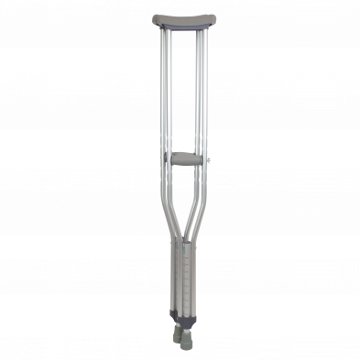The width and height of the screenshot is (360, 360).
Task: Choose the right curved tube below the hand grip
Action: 198,206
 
